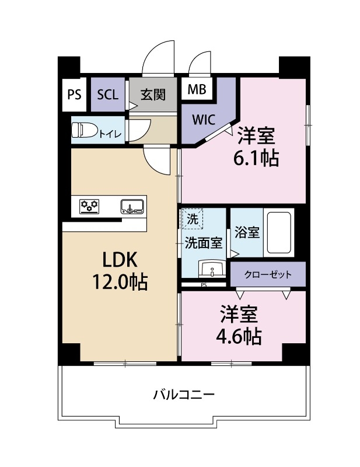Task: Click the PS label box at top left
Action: pyautogui.click(x=74, y=95)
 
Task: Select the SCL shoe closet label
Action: pyautogui.click(x=107, y=95)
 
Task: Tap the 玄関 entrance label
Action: pyautogui.click(x=153, y=95)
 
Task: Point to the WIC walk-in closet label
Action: pyautogui.click(x=204, y=121)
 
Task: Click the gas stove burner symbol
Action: pyautogui.click(x=90, y=205)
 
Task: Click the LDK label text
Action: pyautogui.click(x=119, y=259)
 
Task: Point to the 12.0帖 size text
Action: pyautogui.click(x=119, y=282)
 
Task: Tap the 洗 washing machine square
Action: pyautogui.click(x=193, y=219)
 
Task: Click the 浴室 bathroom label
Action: pyautogui.click(x=247, y=232)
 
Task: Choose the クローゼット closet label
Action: pyautogui.click(x=267, y=274)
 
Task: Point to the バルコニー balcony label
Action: pyautogui.click(x=184, y=395)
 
